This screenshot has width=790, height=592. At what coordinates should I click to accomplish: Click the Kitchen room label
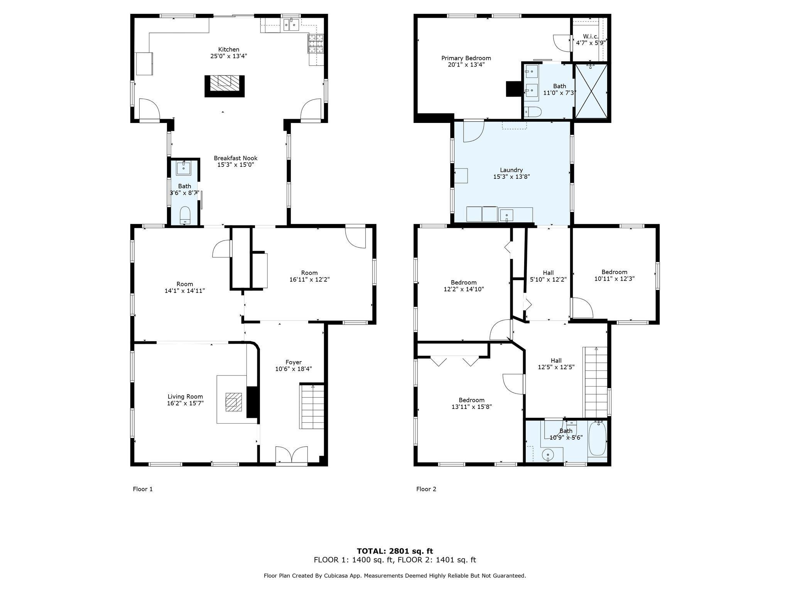pos(229,49)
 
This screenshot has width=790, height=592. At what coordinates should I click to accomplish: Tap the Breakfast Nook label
pos(235,158)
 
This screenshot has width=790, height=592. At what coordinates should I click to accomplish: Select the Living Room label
pos(185,397)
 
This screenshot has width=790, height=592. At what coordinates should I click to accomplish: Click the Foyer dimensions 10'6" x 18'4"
pos(294,369)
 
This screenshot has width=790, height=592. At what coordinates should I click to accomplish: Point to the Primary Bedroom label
pos(466,58)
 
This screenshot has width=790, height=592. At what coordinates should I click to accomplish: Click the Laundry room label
pos(511,170)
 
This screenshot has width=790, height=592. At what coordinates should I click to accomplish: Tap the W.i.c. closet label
pos(590,37)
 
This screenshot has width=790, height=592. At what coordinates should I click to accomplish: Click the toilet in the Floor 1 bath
pos(186,215)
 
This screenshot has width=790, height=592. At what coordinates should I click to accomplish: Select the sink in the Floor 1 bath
pos(184,168)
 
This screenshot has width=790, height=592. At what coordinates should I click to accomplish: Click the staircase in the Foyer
pos(312,407)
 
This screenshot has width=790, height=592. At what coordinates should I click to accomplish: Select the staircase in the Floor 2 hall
pos(596,382)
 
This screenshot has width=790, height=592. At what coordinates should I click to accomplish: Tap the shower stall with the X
pos(591,91)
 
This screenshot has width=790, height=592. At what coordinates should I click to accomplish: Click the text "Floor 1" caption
pos(143,489)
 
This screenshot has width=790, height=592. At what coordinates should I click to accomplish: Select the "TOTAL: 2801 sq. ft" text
pos(395,551)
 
